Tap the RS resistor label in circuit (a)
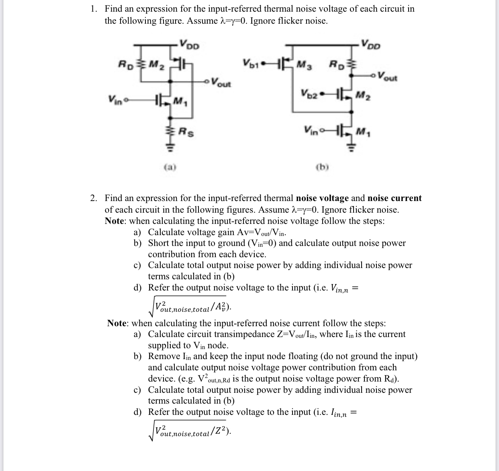tap(186, 131)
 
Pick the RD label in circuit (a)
tap(125, 63)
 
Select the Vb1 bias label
tap(251, 63)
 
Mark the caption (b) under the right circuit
tap(322, 166)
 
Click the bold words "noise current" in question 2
tap(395, 198)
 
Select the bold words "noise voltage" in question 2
tap(322, 198)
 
